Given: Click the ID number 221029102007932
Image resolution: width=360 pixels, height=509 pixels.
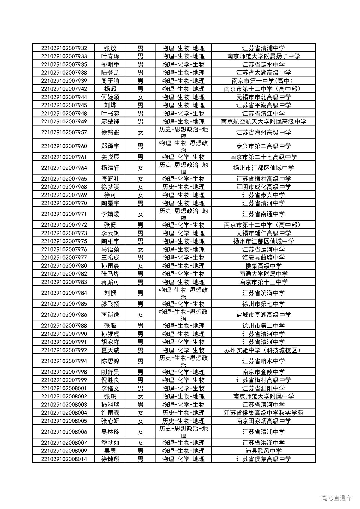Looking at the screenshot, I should point(64,48).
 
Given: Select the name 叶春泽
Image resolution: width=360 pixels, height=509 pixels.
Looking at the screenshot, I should point(110,56).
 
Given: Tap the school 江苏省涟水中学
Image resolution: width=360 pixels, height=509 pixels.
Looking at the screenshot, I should point(263,64).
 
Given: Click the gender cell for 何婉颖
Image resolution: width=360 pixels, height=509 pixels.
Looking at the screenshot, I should point(140,97).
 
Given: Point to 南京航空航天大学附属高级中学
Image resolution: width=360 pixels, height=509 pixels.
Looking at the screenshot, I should point(263,121).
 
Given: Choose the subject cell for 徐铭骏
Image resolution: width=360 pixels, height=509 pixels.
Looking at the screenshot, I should point(183,132).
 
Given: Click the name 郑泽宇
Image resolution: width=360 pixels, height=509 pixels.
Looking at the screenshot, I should point(110,146).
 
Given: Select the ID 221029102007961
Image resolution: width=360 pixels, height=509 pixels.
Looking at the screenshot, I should point(64,157).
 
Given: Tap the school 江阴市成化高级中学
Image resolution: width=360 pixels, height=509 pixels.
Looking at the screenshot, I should point(263,187).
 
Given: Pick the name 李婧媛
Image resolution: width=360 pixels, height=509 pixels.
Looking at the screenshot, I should point(110,214).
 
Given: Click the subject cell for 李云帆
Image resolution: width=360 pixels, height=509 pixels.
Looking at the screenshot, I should point(183,233).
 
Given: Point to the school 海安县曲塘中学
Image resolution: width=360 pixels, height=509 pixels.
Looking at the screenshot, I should point(263,258).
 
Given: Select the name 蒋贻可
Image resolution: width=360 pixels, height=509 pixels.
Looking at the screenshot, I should point(110,282).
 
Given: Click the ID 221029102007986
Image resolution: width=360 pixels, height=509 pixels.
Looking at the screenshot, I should point(64,315).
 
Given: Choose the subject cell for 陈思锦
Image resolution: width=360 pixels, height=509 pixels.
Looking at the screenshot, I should point(183,361).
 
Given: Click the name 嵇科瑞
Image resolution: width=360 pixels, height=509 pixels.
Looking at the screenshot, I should point(110,405).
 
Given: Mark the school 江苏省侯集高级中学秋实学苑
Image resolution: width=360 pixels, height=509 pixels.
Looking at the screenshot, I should point(263,413).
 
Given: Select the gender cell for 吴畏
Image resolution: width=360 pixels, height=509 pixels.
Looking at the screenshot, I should point(140,451).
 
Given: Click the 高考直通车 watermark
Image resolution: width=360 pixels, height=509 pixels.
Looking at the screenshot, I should point(336,498).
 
